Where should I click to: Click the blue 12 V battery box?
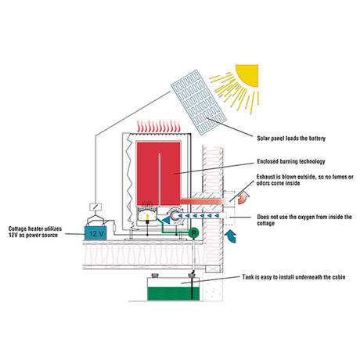coord(95,233)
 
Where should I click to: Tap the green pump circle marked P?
coord(193,232)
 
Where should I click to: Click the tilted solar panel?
coord(199,103)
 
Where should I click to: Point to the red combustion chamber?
coord(158,174)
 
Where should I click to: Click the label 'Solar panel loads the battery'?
coord(291,139)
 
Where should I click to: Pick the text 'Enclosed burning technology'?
coord(291,161)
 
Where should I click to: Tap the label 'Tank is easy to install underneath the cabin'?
coord(293,277)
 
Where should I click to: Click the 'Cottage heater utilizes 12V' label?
coord(35,232)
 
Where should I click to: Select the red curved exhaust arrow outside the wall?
coord(243,197)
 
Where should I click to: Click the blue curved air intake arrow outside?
coord(231,236)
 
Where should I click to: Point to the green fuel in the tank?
coord(174,293)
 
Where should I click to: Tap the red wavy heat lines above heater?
coord(159,126)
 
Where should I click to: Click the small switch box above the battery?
coord(95,207)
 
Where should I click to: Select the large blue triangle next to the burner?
coord(166,221)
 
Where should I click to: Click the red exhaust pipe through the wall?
coord(203,201)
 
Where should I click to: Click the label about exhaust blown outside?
coord(304,180)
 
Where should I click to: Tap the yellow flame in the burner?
coord(147,217)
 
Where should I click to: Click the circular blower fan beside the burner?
coord(175,216)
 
